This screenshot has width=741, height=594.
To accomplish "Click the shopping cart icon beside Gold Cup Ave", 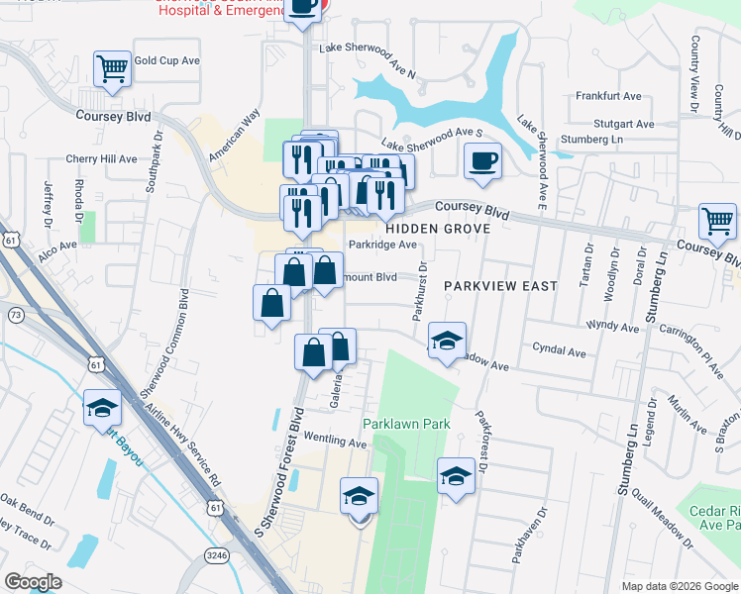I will (112, 69).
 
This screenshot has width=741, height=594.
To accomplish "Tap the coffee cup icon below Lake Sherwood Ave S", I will (482, 160).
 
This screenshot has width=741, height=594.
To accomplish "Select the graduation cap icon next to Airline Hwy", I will (102, 409).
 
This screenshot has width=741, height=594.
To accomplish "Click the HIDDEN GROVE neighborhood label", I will (444, 229).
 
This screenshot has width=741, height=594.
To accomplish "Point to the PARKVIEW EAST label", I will (500, 285).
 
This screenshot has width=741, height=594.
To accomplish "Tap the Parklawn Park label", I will (406, 424).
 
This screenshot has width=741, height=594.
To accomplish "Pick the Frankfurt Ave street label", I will (608, 97).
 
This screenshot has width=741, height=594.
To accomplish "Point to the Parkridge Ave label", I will (383, 245).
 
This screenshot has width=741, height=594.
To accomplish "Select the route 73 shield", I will (15, 314).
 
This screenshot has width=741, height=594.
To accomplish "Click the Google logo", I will (33, 581).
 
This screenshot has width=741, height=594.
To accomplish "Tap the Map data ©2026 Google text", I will (680, 585).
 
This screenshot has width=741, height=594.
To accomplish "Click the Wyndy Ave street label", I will (612, 325).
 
